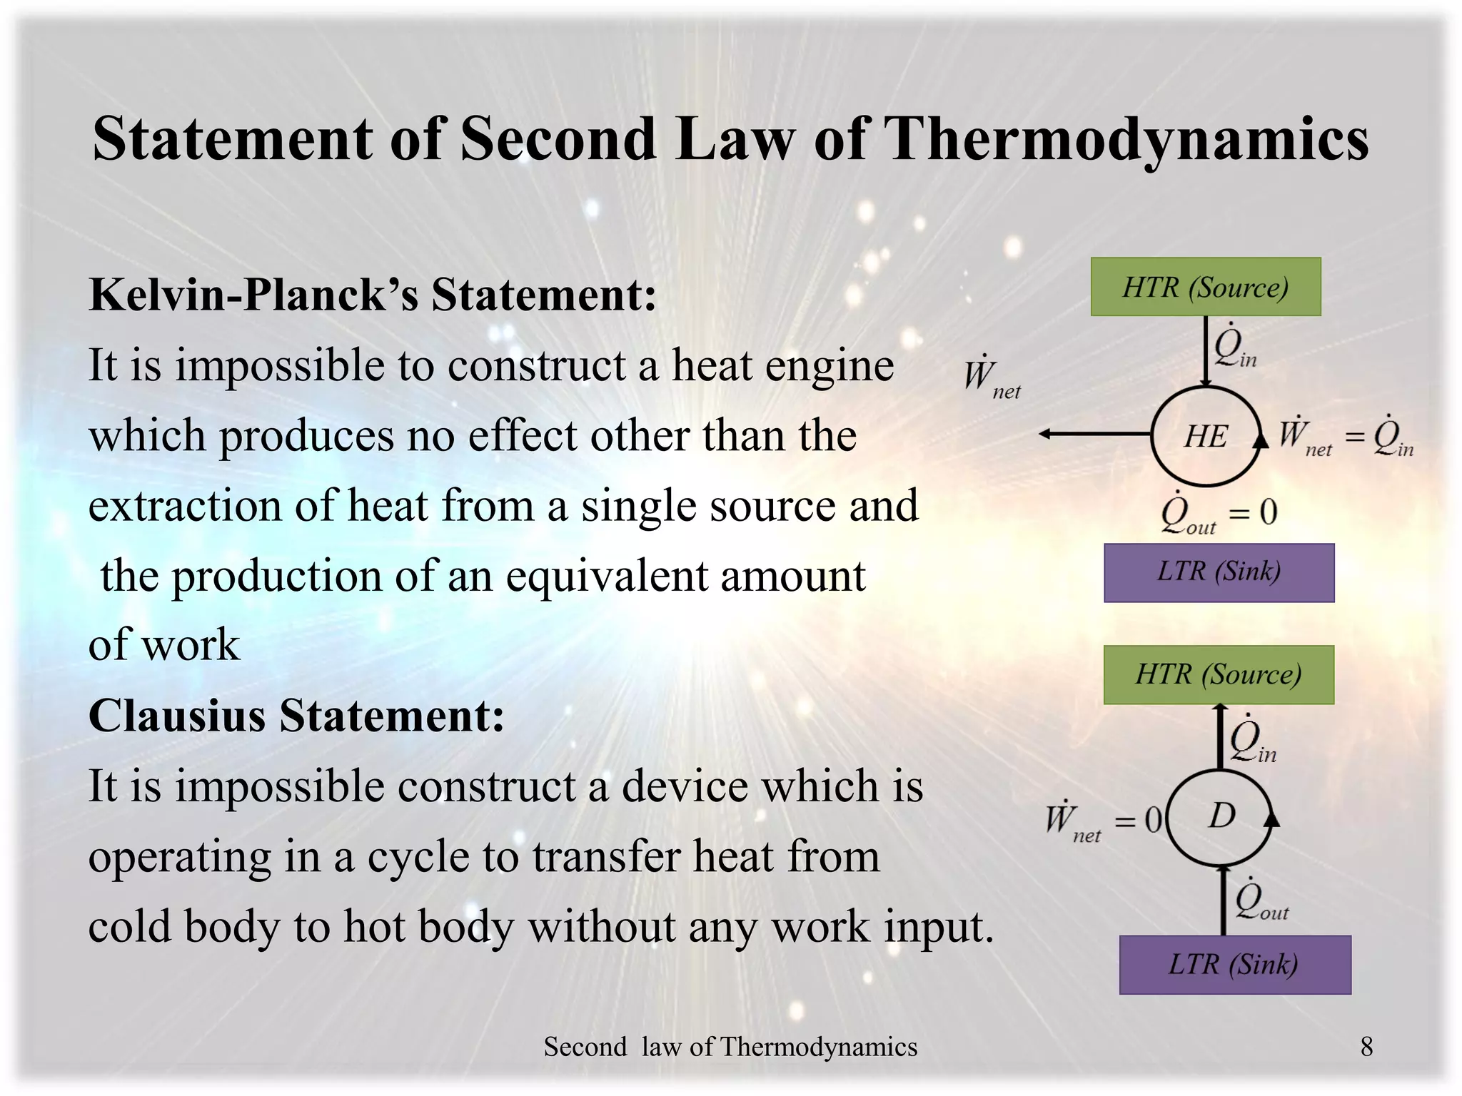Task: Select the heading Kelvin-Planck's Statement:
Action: coord(372,295)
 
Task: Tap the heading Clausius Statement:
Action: coord(296,715)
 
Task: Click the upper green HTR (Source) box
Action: coord(1205,287)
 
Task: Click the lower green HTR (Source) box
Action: coord(1219,674)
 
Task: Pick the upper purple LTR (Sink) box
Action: coord(1219,572)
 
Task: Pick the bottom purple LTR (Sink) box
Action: coord(1234,965)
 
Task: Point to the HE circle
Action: coord(1206,436)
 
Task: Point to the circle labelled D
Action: coord(1221,816)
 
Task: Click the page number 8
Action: coord(1366,1047)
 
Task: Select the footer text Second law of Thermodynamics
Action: coord(730,1047)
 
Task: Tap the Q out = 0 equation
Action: coord(1219,513)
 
